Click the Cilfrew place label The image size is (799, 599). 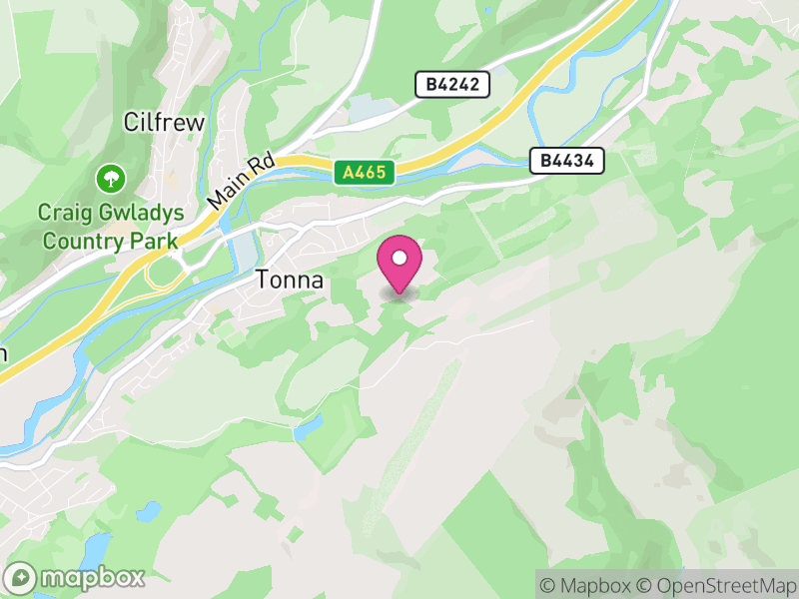click(x=164, y=123)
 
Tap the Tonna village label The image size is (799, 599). click(x=290, y=281)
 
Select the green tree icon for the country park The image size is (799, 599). click(x=109, y=181)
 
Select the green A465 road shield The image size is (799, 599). click(x=366, y=173)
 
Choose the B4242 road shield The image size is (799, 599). click(x=452, y=85)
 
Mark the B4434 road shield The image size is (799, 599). click(x=567, y=160)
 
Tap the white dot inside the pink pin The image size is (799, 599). click(x=399, y=259)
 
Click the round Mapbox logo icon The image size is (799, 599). click(x=21, y=577)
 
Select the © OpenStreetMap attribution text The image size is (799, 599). click(x=716, y=584)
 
